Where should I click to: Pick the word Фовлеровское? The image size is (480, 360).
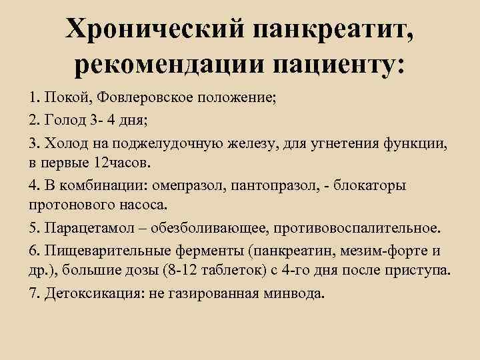145,99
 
